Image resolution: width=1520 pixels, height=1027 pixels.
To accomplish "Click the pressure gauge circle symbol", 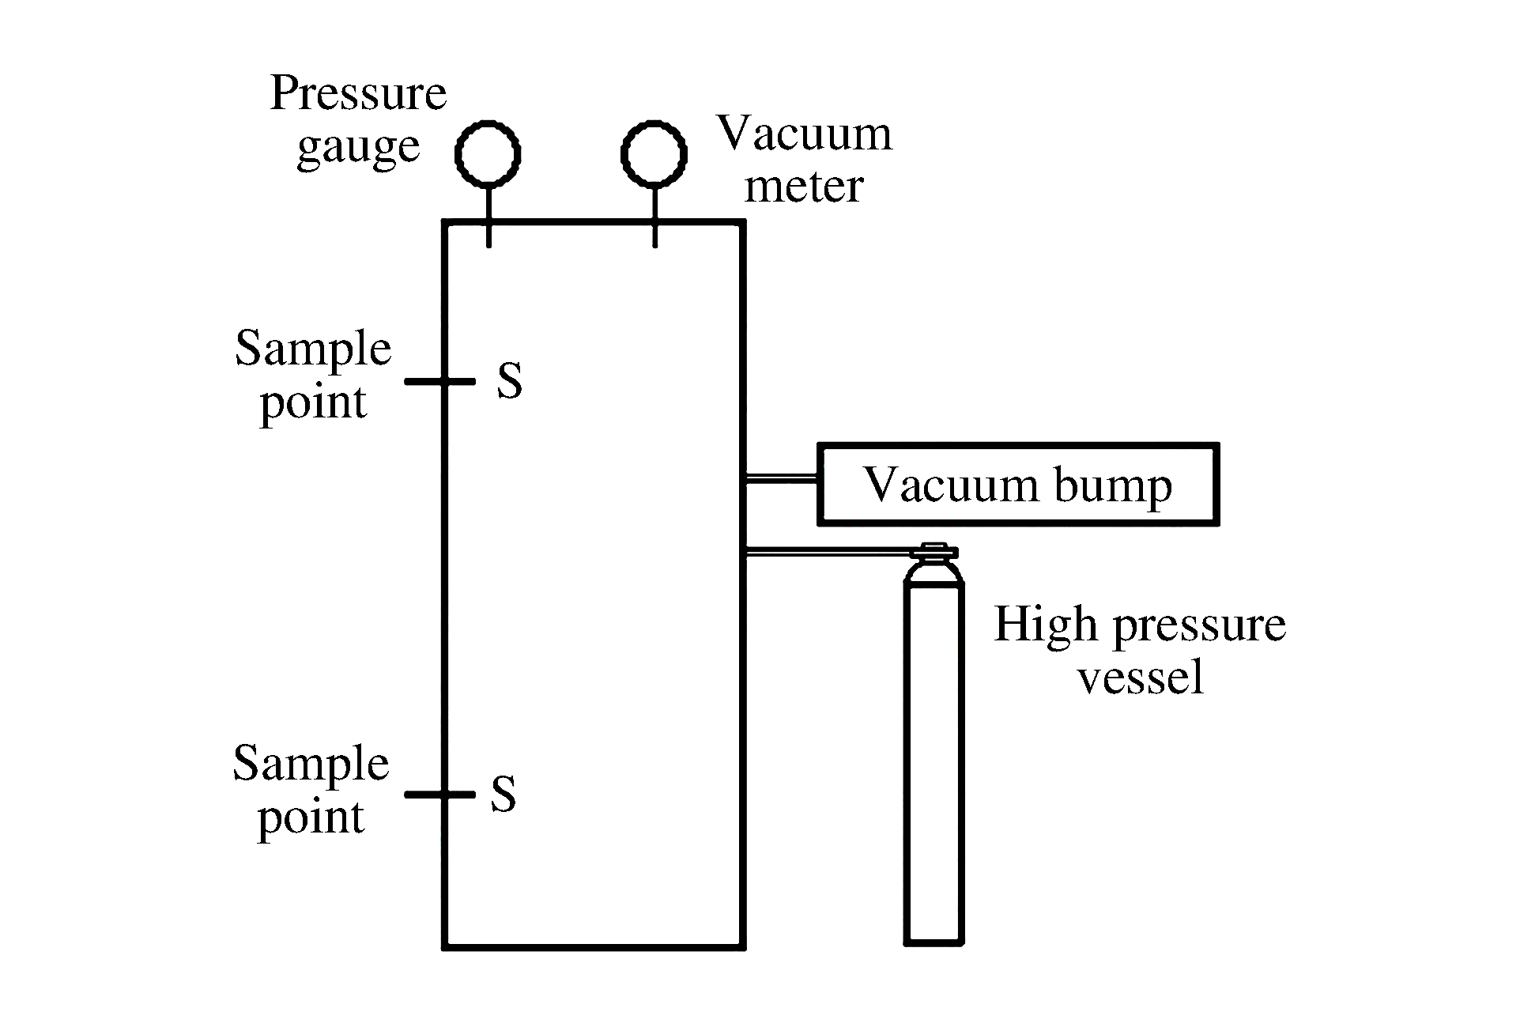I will click(x=488, y=153).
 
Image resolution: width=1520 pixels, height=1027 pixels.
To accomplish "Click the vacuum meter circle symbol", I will click(x=654, y=153).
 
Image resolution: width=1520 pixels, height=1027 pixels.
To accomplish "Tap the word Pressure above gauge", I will click(x=358, y=93).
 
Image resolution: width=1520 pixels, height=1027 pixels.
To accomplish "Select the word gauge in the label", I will click(x=358, y=147).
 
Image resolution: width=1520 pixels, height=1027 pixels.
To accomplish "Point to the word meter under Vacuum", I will click(x=804, y=187).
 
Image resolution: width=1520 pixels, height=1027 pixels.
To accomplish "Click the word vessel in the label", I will click(x=1141, y=678).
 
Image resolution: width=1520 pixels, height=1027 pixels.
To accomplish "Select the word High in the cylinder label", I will click(x=1046, y=625).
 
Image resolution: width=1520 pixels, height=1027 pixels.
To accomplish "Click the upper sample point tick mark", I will click(x=439, y=381).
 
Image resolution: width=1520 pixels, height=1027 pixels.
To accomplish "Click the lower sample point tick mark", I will click(x=439, y=794).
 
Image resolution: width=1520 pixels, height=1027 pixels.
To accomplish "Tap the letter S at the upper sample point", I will click(x=510, y=380).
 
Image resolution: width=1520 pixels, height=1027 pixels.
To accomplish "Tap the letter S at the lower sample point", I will click(x=504, y=794).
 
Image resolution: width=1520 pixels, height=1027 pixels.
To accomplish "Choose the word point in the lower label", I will click(x=311, y=817).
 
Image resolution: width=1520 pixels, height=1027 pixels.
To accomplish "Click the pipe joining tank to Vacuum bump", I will click(x=781, y=478).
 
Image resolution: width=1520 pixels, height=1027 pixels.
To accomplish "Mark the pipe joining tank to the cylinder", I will click(x=826, y=551).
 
